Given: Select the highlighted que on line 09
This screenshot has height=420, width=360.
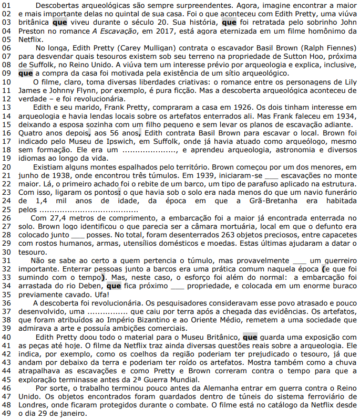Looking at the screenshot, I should [25, 73].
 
